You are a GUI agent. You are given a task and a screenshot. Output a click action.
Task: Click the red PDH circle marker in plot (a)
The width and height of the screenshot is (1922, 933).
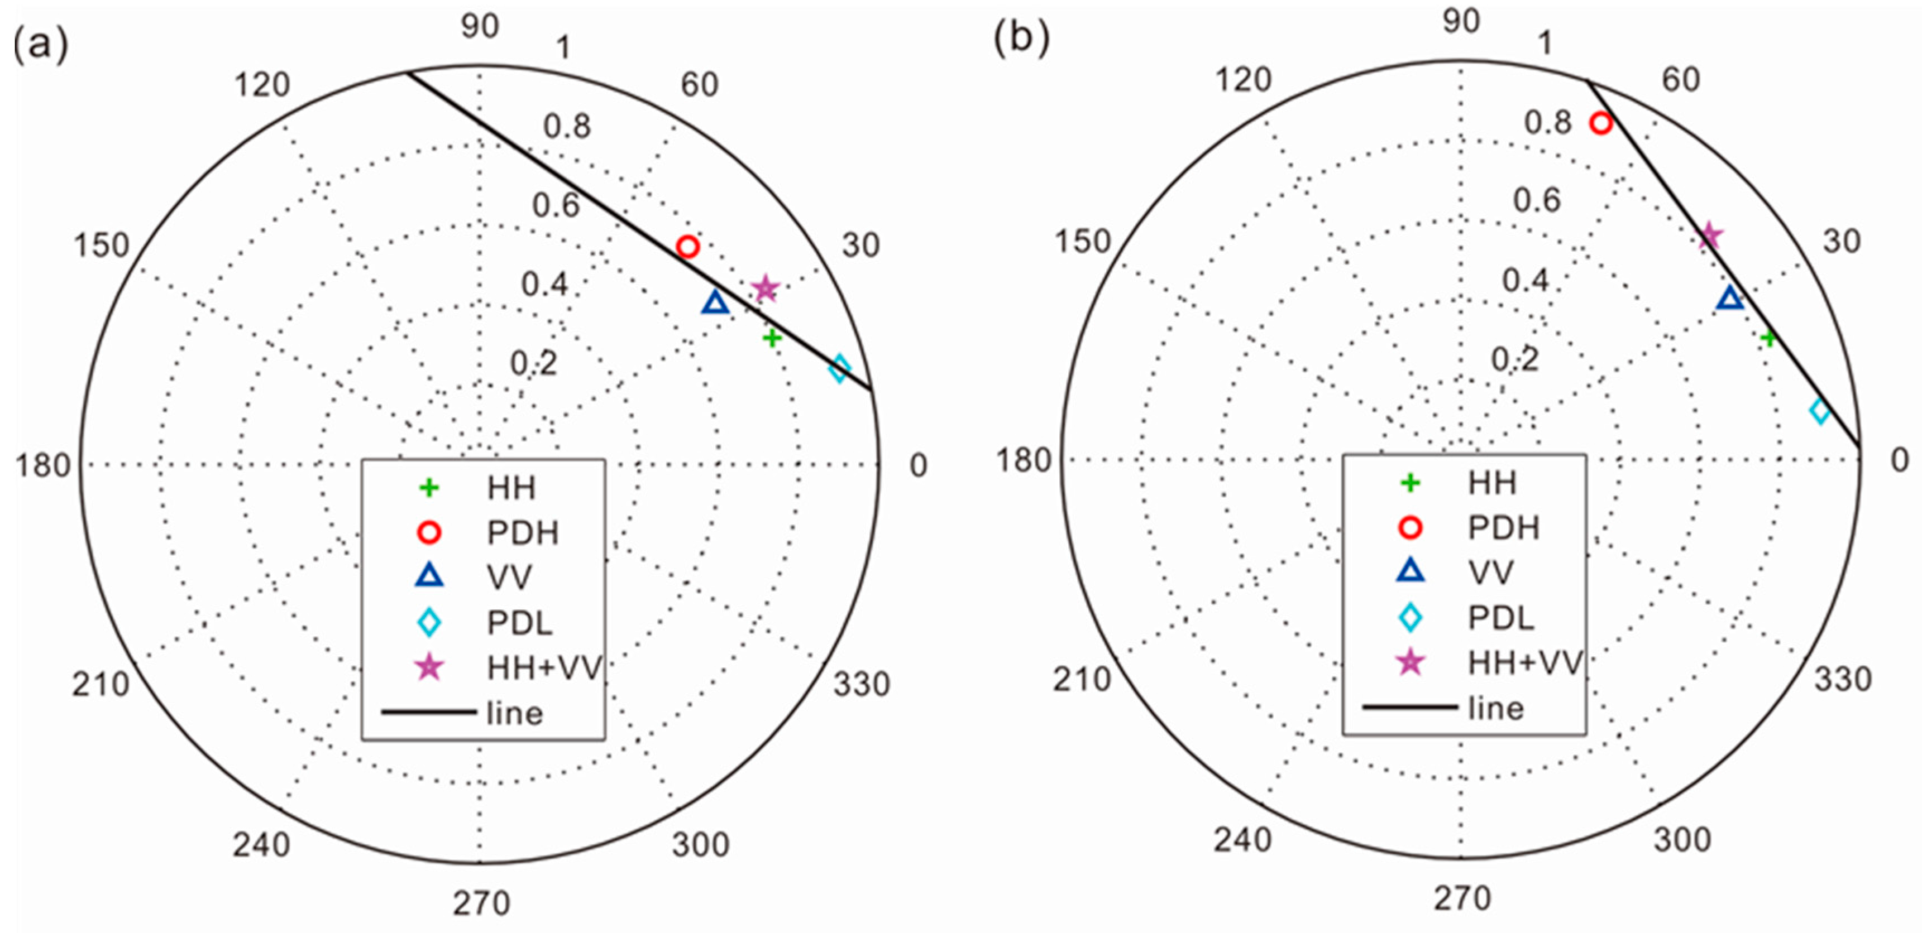(687, 246)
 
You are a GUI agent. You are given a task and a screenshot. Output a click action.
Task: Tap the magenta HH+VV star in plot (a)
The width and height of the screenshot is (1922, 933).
(766, 288)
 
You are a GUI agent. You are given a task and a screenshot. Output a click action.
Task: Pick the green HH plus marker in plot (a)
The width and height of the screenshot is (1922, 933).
(772, 338)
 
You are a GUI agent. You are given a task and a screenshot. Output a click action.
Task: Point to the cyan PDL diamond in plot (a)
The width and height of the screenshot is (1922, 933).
(839, 368)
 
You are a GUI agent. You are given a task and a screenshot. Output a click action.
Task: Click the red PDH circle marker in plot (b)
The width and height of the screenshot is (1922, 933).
(1600, 123)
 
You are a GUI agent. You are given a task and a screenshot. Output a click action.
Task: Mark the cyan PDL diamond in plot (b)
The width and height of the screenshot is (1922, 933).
(1820, 411)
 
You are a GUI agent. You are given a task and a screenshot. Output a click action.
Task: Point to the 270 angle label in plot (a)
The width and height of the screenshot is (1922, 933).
(481, 903)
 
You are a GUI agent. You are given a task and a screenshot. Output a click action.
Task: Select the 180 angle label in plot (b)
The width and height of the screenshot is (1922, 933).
(1024, 460)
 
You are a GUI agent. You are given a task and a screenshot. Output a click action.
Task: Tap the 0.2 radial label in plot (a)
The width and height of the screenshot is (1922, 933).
(533, 363)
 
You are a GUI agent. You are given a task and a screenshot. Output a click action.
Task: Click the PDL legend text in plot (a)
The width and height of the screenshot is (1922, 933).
(519, 623)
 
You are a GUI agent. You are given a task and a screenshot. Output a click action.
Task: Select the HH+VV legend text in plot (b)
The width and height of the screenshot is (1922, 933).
(1524, 662)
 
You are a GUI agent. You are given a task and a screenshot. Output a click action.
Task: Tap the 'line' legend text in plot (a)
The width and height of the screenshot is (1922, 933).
(514, 713)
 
